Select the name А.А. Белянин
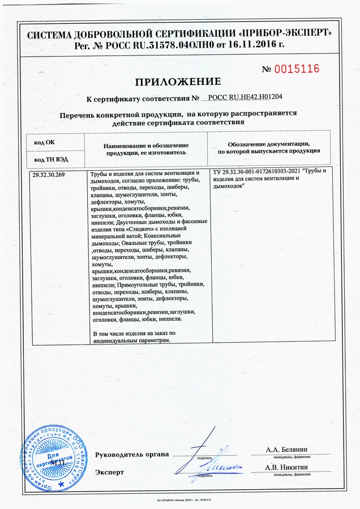point(290,450)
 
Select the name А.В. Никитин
point(290,468)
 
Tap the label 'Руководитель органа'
point(132,454)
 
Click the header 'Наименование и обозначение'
point(145,145)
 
